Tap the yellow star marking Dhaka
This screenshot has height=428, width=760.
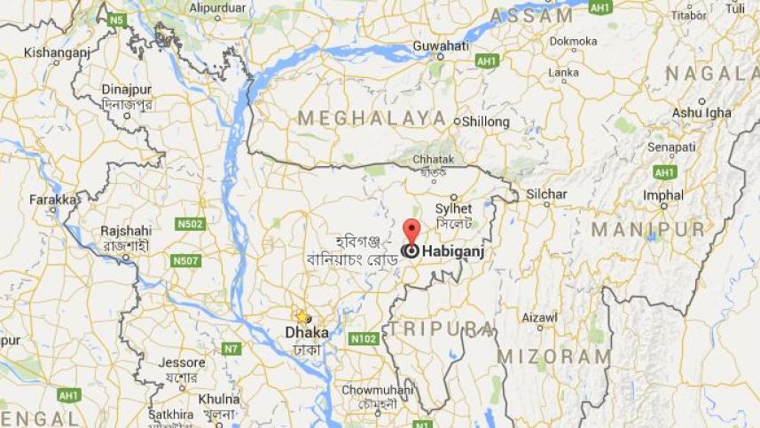302,316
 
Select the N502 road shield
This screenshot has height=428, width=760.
189,225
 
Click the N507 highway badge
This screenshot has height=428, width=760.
185,260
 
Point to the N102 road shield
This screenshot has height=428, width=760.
364,338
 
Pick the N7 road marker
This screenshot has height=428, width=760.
231,349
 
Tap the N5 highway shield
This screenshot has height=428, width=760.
116,19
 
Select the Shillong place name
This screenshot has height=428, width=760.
485,122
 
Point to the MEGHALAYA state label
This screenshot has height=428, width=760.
372,118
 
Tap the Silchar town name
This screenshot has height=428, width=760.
546,194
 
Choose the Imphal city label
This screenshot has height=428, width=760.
663,195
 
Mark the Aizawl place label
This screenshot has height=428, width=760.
539,317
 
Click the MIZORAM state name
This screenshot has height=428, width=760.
554,356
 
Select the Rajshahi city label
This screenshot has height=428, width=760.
126,231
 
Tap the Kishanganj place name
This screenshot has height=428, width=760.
57,52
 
